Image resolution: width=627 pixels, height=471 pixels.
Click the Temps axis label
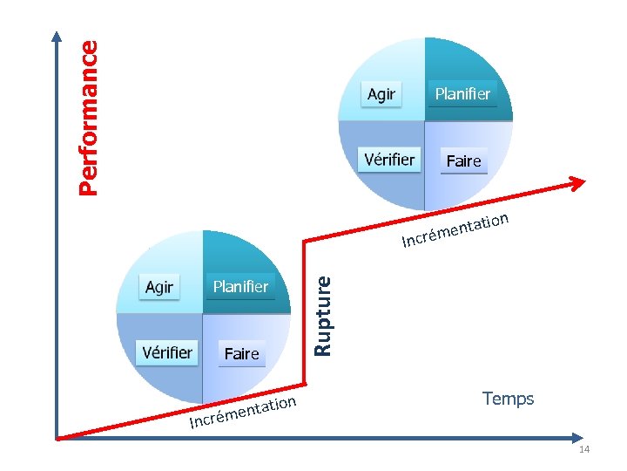click(508, 399)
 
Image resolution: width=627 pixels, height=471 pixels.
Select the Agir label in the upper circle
click(381, 94)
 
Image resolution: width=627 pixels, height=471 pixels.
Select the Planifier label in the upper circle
click(462, 93)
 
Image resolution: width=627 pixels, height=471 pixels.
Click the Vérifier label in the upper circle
click(389, 160)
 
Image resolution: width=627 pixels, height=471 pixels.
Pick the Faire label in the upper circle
click(463, 161)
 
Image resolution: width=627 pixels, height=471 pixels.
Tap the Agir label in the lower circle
click(159, 287)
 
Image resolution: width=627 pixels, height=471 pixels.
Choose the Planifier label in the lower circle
click(240, 286)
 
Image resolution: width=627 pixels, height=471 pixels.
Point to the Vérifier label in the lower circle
click(167, 352)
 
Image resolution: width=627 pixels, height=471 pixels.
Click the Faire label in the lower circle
click(241, 353)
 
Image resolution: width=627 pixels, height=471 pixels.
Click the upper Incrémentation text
click(455, 229)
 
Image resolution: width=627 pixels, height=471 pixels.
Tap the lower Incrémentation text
click(245, 413)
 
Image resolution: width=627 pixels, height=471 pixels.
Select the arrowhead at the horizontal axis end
click(581, 437)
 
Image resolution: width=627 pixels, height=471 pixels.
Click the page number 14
click(583, 449)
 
